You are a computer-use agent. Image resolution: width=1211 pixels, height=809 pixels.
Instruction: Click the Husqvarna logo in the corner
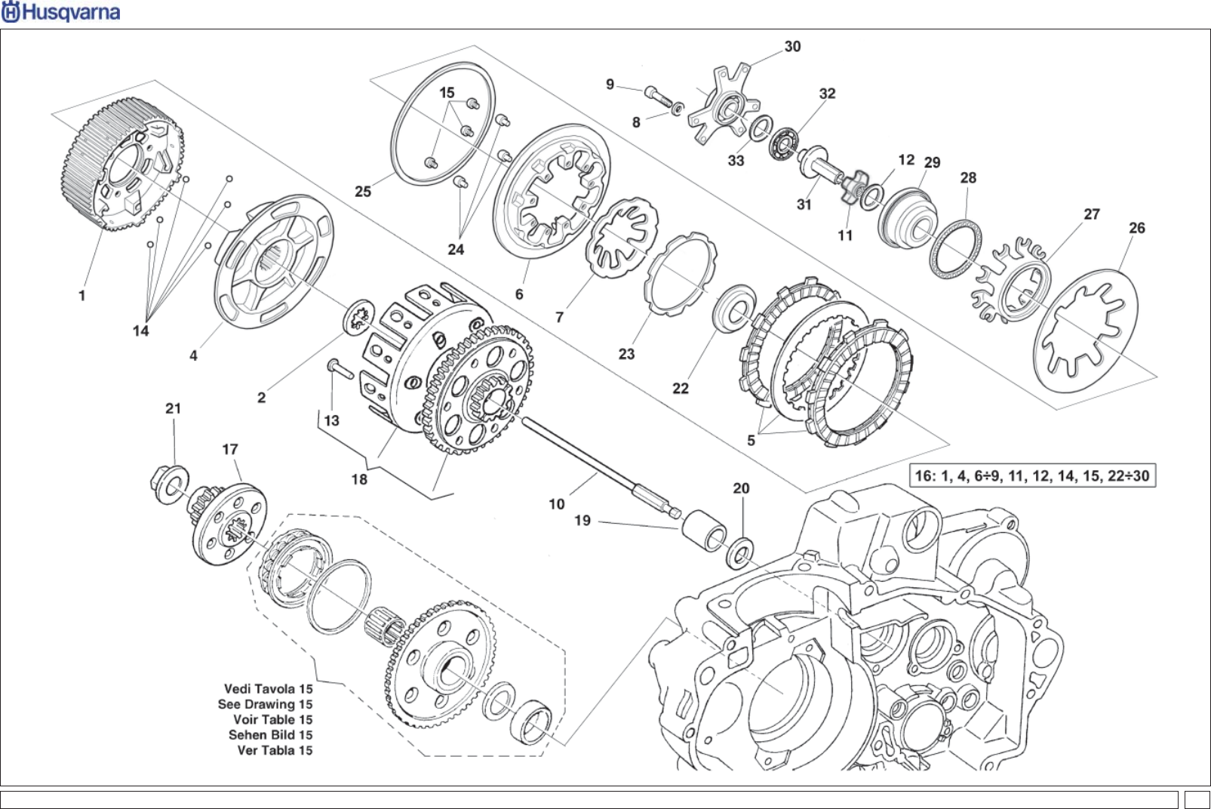(x=60, y=12)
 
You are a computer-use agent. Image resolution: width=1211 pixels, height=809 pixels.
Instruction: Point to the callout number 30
(x=792, y=47)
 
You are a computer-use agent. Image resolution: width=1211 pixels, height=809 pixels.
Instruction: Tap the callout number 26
(x=1136, y=228)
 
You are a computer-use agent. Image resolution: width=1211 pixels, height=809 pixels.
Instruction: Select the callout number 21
(x=173, y=408)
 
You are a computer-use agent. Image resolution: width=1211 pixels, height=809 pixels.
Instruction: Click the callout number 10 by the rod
(x=556, y=504)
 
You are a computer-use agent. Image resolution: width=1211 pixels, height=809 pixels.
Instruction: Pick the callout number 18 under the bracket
(x=359, y=479)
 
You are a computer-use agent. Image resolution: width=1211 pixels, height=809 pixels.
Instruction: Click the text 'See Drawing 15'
(x=265, y=704)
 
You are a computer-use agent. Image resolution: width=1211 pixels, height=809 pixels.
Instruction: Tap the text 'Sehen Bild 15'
(x=270, y=735)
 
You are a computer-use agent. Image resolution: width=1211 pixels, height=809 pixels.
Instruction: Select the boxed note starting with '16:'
(x=1032, y=476)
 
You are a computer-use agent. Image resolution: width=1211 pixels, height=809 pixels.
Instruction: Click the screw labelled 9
(x=658, y=97)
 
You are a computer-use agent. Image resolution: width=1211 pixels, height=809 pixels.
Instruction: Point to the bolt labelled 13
(x=340, y=369)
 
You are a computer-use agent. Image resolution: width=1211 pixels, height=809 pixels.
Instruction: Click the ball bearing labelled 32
(x=784, y=143)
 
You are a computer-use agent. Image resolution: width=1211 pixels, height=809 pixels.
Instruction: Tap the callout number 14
(x=140, y=331)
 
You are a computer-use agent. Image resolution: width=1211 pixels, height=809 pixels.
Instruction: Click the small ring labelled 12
(x=872, y=197)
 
